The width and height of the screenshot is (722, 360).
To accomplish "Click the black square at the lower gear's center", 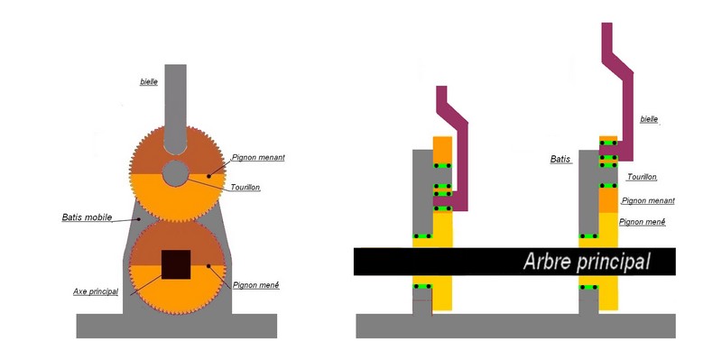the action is pos(176,264).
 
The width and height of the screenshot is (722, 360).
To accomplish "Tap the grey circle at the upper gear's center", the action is pos(175,173).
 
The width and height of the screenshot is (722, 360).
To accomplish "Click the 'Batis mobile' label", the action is pos(87,217).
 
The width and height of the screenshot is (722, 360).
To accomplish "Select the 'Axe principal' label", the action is pos(96,291).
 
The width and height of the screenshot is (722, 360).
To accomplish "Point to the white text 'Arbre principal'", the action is pos(586,262).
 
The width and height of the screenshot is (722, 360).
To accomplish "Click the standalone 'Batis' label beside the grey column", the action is pos(560,160).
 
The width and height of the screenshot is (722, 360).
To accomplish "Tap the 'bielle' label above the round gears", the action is pos(149,82).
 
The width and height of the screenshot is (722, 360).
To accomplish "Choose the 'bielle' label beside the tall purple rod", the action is pos(649,119).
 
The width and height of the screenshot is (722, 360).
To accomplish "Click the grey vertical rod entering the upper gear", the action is pos(175,109).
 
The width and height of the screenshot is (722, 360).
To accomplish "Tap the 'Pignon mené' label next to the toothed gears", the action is pos(256,285).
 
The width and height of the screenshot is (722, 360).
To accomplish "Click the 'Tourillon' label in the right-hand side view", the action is pos(643,177).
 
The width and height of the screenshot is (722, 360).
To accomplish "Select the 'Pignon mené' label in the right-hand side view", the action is pos(643,222).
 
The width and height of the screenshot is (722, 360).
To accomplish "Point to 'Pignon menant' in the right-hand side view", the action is pos(648,200).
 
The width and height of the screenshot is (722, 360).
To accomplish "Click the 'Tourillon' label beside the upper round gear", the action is pos(245,188).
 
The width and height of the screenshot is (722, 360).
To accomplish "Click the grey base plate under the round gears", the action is pos(176,326).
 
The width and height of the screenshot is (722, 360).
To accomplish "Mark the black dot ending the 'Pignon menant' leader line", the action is pos(208,176).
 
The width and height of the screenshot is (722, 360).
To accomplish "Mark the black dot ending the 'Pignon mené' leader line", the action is pos(208,265).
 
